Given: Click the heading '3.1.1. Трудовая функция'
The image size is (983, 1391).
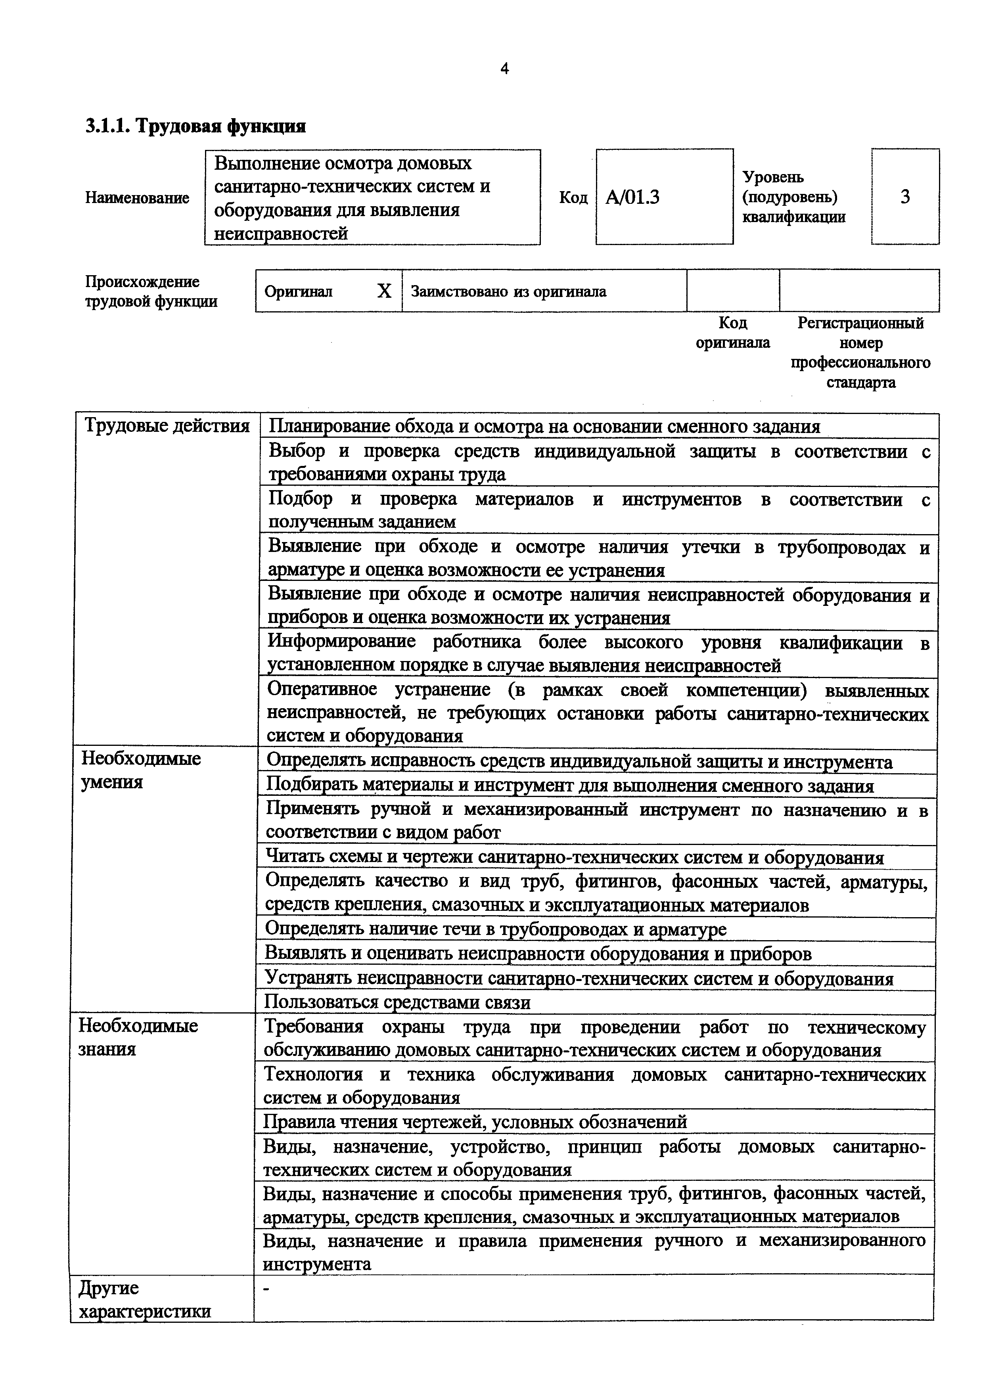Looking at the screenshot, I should tap(195, 126).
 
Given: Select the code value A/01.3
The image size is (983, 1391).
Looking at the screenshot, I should tap(632, 197).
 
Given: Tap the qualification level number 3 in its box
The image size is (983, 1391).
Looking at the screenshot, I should tap(905, 197).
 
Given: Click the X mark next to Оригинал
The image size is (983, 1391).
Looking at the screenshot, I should tap(384, 291).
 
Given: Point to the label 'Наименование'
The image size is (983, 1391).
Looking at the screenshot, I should tap(137, 197).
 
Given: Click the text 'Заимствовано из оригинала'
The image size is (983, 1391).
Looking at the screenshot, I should tap(508, 291).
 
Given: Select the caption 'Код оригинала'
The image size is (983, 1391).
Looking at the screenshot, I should tap(732, 333).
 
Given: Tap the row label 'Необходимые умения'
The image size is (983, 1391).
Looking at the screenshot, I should tap(141, 770).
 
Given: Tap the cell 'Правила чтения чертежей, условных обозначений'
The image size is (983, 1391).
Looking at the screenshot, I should tap(475, 1122).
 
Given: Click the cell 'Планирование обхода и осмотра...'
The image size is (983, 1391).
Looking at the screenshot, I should tap(544, 427).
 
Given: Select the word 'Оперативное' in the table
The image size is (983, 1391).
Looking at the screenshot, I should tap(322, 690).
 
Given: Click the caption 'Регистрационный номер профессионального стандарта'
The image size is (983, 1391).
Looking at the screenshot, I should tap(860, 353).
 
